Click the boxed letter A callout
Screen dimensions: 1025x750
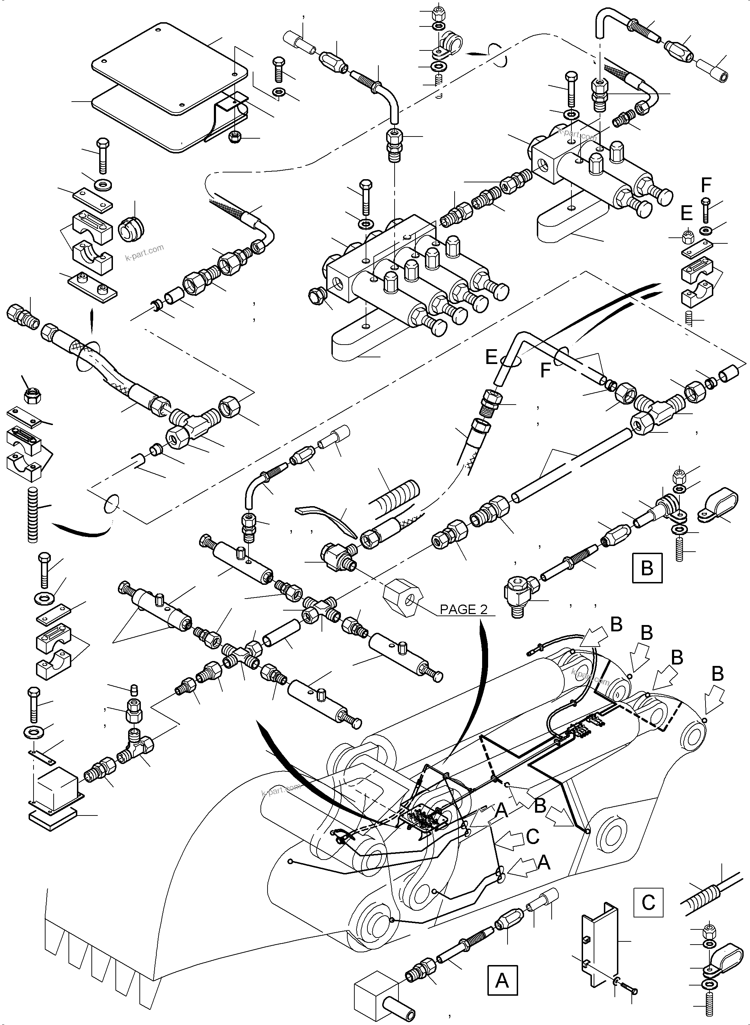coord(502,981)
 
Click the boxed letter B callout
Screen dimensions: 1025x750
coord(647,568)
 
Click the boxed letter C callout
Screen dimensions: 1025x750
coord(648,902)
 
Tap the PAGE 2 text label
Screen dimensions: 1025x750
coord(463,609)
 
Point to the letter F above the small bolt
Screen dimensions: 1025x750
coord(706,185)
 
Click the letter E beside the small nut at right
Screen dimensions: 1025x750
coord(686,213)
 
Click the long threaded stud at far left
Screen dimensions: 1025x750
coord(33,515)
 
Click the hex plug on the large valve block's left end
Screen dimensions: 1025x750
coord(316,297)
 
